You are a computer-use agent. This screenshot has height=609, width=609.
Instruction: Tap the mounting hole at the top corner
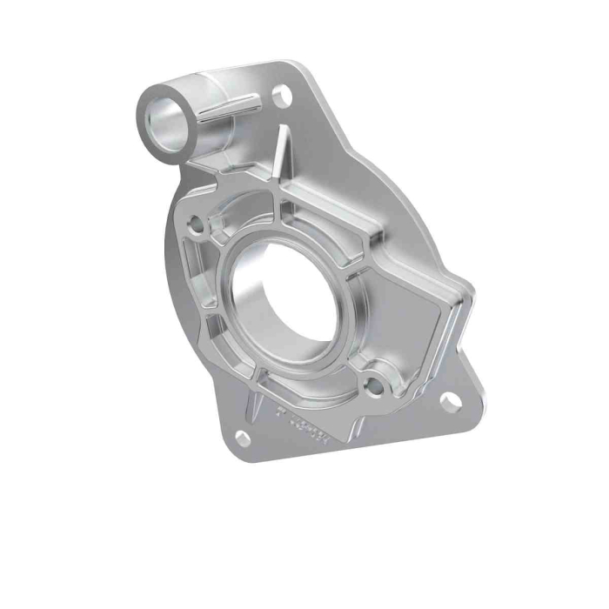click(x=281, y=96)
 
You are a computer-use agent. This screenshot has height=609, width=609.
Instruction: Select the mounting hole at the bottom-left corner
click(x=243, y=437)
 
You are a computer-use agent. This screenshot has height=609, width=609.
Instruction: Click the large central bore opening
click(x=277, y=300)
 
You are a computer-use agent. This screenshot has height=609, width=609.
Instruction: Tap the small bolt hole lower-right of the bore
click(x=374, y=381)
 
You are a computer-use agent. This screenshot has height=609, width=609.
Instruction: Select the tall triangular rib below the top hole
click(x=284, y=157)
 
